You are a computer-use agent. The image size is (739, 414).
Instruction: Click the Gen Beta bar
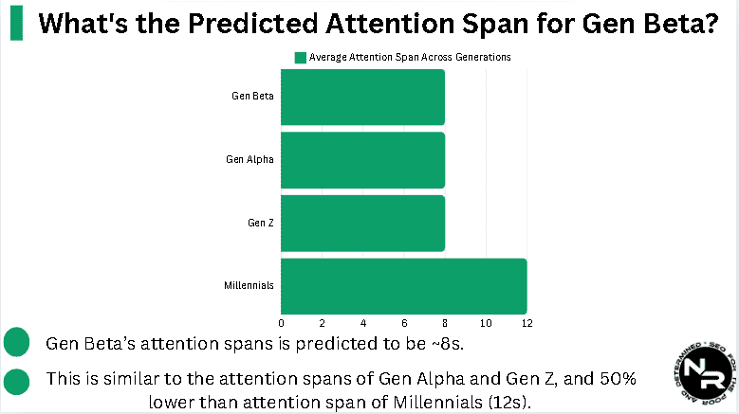[362, 97]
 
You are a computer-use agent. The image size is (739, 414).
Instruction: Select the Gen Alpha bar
[362, 160]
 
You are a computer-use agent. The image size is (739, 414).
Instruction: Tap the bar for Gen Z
[362, 224]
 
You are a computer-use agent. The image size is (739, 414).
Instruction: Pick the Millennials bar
[403, 286]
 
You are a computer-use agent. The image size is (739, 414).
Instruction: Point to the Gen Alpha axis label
[250, 160]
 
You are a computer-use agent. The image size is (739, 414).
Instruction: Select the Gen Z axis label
[260, 224]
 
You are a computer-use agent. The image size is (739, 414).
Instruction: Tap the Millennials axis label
[249, 286]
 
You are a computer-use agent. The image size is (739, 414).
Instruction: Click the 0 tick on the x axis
[281, 324]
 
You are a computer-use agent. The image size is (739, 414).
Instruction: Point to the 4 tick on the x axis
[363, 324]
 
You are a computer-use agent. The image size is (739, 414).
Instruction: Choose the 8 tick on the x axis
[445, 324]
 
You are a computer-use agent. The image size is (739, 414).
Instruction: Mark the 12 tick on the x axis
[527, 324]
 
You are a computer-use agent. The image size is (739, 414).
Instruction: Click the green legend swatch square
[300, 58]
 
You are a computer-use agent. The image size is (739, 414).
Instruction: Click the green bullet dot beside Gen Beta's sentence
[16, 342]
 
